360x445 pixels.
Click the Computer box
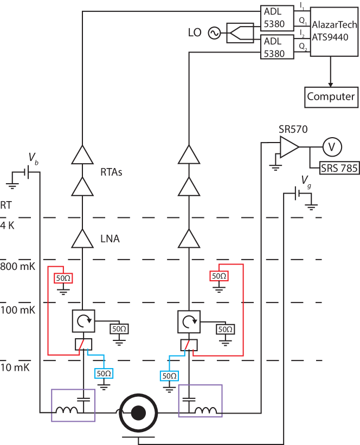coord(331,97)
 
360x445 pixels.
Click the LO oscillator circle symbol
coord(211,34)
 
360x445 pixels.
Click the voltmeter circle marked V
coord(331,146)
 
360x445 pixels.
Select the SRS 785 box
coord(339,168)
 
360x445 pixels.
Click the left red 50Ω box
coord(63,279)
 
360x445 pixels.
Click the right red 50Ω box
coord(219,276)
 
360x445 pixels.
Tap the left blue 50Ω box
coord(104,373)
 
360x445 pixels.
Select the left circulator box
coord(83,321)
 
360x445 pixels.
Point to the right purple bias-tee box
coord(200,401)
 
